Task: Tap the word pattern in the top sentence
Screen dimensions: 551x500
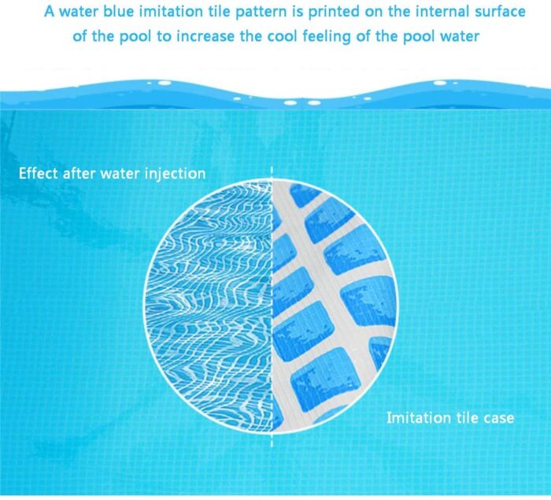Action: (x=260, y=13)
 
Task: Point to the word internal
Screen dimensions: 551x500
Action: (x=442, y=11)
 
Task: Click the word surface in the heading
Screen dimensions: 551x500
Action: (x=500, y=11)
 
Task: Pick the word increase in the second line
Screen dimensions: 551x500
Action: (x=205, y=36)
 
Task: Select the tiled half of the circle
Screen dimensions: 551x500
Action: (x=335, y=306)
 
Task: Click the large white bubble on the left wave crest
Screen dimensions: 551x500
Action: (x=164, y=83)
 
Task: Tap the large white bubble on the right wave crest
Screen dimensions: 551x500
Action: (x=439, y=83)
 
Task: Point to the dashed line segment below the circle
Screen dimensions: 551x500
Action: (x=272, y=439)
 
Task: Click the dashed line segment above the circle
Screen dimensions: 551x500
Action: (x=272, y=173)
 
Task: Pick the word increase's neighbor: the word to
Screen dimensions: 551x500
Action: (x=164, y=36)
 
